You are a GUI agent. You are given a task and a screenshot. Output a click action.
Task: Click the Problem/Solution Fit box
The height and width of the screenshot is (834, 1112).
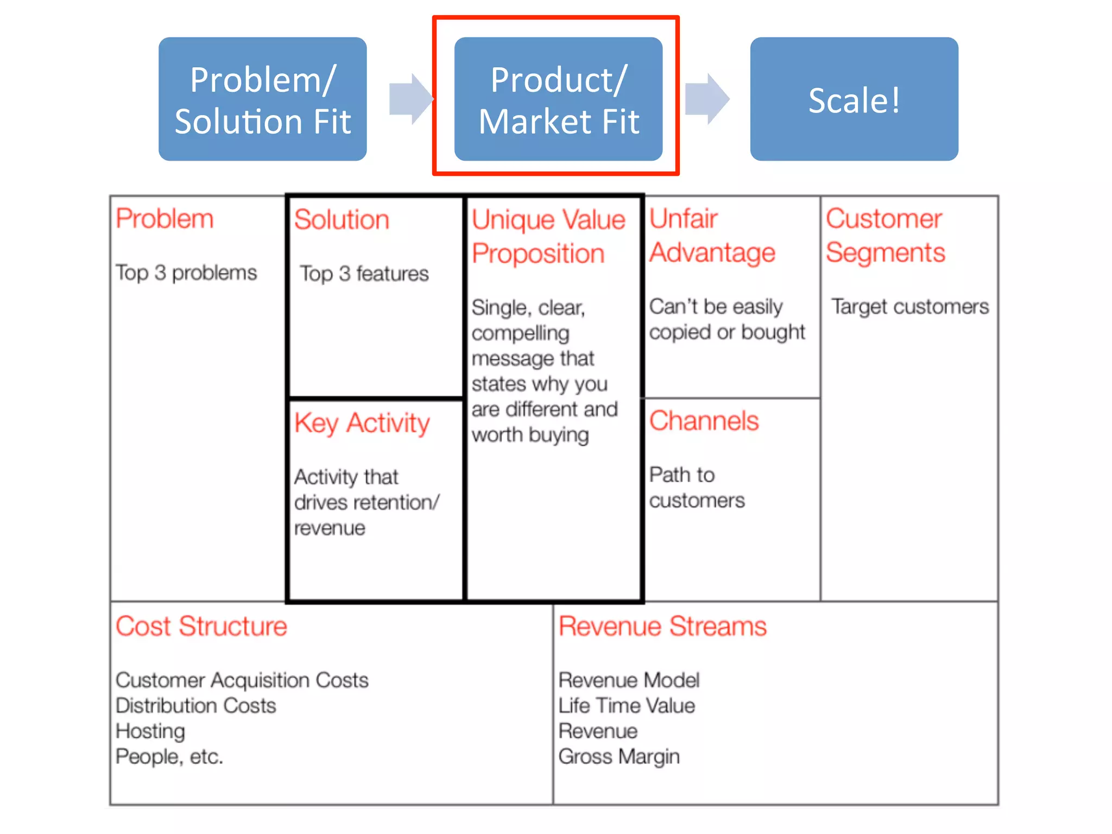262,99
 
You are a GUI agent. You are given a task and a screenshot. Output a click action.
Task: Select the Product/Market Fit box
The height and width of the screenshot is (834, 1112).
558,99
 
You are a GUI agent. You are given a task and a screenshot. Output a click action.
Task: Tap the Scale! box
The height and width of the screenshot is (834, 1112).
854,99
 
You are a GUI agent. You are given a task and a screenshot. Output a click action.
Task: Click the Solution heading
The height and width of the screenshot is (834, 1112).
342,220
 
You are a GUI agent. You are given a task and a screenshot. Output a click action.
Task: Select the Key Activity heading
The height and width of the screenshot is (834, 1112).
362,423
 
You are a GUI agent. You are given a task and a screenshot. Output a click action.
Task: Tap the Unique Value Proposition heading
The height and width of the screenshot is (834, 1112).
548,237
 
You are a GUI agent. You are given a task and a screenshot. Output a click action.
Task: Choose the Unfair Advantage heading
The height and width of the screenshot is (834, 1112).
712,236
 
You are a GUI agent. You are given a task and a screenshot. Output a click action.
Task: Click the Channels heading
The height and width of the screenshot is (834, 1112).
704,421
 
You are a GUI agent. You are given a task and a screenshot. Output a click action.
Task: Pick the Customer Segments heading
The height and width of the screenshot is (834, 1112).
885,236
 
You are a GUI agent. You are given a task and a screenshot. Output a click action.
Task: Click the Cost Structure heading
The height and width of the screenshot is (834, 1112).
201,626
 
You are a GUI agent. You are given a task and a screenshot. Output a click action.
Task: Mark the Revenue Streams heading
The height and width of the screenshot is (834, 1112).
662,626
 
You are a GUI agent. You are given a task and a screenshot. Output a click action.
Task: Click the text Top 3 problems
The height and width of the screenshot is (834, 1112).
186,273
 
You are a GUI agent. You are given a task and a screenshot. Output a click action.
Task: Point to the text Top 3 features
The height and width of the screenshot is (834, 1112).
364,274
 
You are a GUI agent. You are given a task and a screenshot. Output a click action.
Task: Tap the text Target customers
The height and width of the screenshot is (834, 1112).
910,307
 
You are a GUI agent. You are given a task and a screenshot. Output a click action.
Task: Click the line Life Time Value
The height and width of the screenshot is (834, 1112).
627,705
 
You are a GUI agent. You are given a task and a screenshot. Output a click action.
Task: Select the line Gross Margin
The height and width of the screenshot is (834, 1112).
619,756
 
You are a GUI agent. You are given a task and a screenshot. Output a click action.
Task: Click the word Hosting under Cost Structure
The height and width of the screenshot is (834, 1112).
150,731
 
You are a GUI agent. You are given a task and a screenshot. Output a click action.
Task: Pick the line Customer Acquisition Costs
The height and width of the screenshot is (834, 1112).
242,680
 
